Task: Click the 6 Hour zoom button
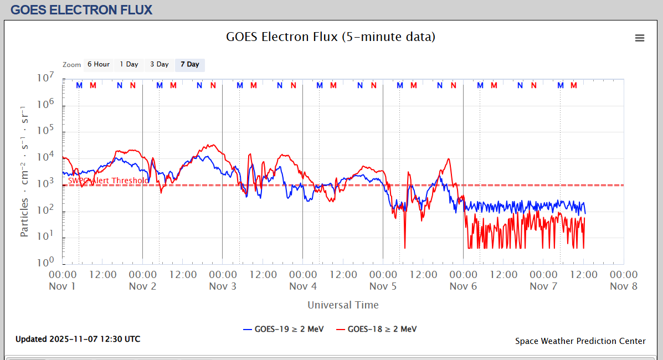[x=99, y=64]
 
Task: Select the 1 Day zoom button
[x=129, y=64]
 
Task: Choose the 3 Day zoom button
[x=160, y=64]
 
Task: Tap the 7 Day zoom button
[x=190, y=64]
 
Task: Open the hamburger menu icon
[x=640, y=38]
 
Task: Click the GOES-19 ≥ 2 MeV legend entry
[x=282, y=329]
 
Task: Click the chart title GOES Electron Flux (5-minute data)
[x=331, y=37]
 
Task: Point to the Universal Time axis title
[x=343, y=305]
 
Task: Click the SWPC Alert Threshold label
[x=108, y=181]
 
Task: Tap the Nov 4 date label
[x=302, y=286]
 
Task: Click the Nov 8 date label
[x=623, y=286]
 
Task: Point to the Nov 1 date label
[x=62, y=286]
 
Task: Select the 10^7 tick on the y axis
[x=45, y=78]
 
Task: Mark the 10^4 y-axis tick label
[x=45, y=157]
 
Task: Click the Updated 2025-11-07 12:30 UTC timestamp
[x=78, y=339]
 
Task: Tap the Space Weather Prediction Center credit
[x=580, y=341]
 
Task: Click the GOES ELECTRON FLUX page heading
[x=81, y=10]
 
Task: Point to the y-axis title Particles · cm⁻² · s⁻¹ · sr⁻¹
[x=24, y=171]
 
